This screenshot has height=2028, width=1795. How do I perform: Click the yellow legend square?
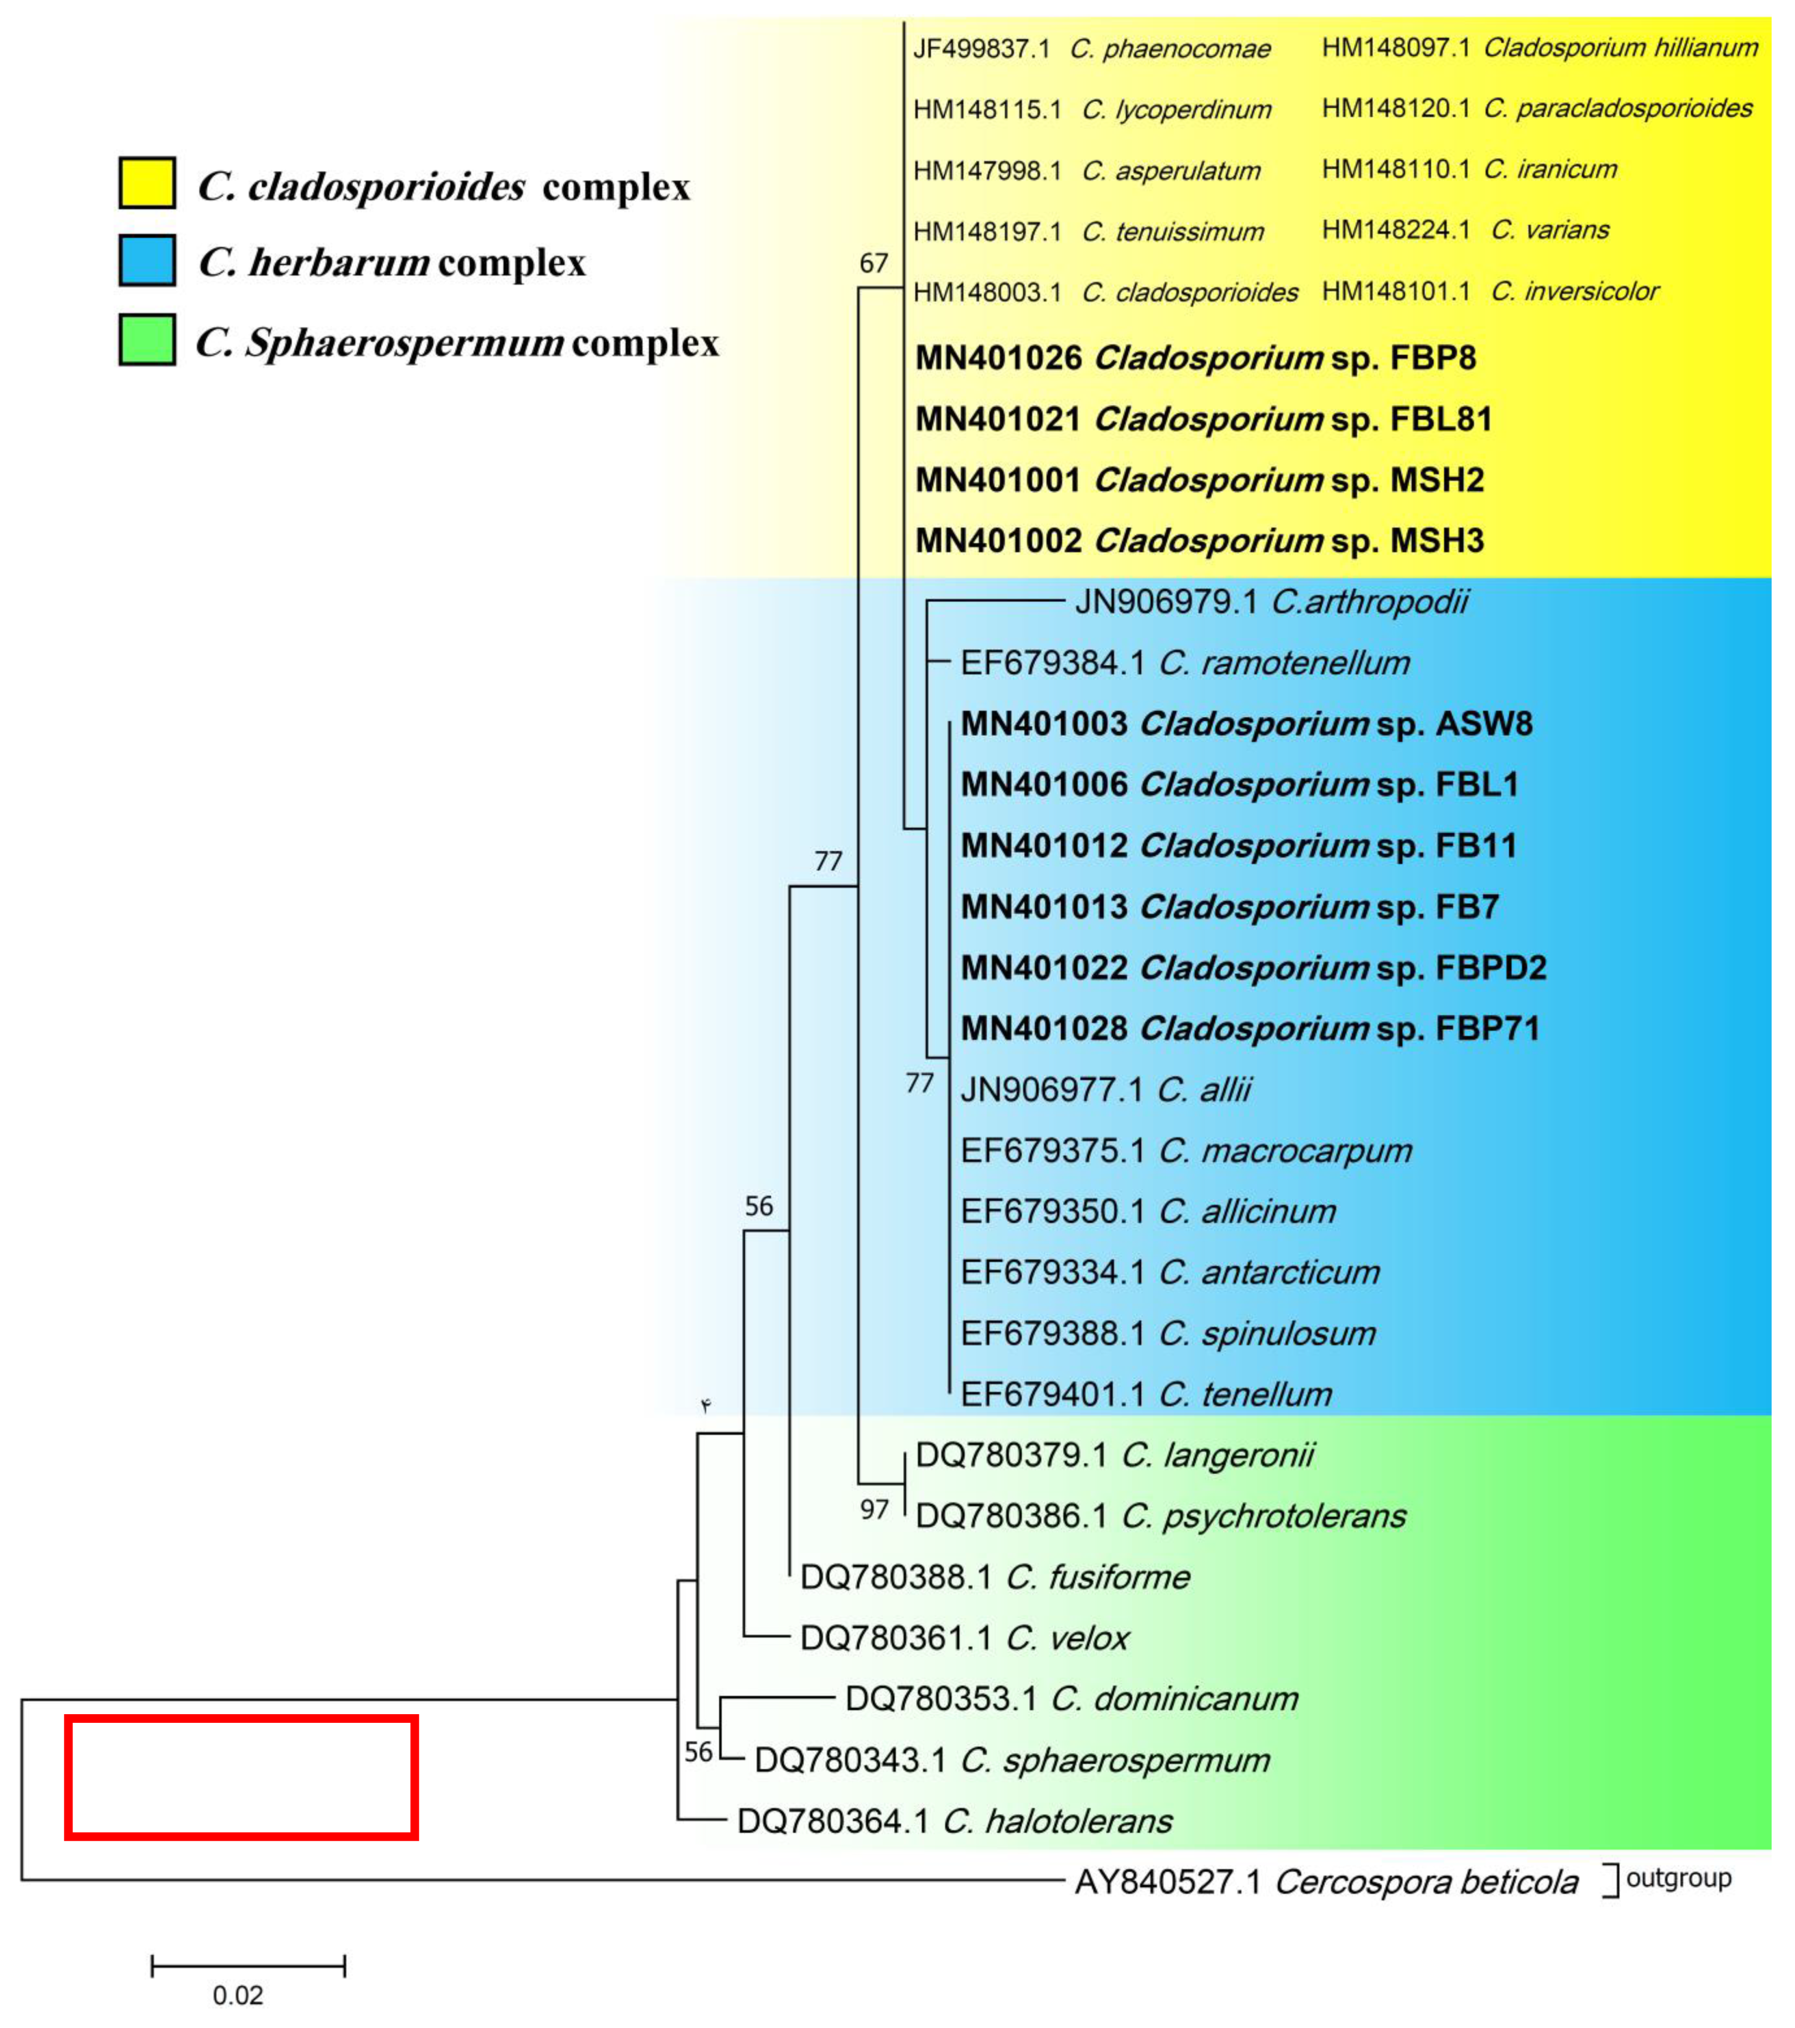[147, 182]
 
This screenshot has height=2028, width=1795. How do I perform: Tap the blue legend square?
[147, 260]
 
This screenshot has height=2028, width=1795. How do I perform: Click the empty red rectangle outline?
[241, 1777]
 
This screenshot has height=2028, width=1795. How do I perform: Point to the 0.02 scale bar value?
[238, 1995]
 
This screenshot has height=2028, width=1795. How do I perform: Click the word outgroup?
[1678, 1877]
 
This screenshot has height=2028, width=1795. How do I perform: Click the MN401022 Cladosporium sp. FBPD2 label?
[1252, 967]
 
